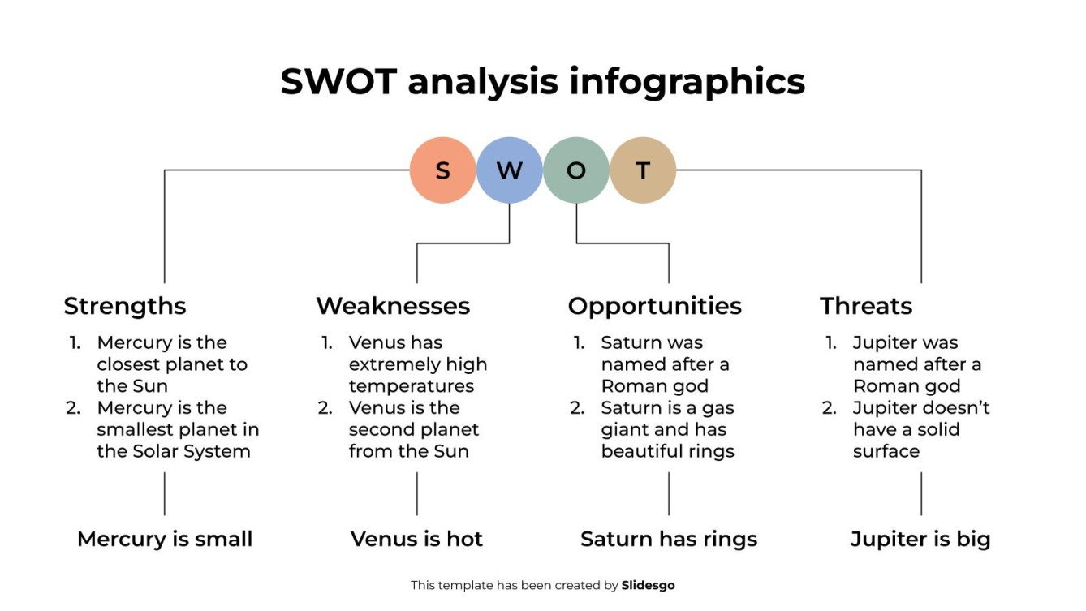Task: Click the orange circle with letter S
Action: tap(442, 170)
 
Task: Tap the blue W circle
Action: tap(509, 170)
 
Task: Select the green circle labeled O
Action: tap(576, 170)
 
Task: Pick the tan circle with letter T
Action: tap(643, 170)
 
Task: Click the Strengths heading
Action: tap(125, 306)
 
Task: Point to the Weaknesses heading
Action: tap(393, 306)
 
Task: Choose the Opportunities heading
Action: tap(654, 306)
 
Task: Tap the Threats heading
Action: tap(866, 306)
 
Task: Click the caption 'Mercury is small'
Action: tap(165, 539)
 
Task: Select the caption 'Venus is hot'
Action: tap(416, 539)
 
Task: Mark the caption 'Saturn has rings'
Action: tap(669, 539)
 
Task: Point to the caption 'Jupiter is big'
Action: tap(920, 539)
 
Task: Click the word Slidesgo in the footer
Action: tap(648, 585)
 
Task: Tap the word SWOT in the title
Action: tap(338, 82)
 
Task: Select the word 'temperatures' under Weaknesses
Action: tap(412, 386)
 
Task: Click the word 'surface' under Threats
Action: tap(886, 451)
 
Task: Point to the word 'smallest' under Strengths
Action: tap(137, 429)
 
